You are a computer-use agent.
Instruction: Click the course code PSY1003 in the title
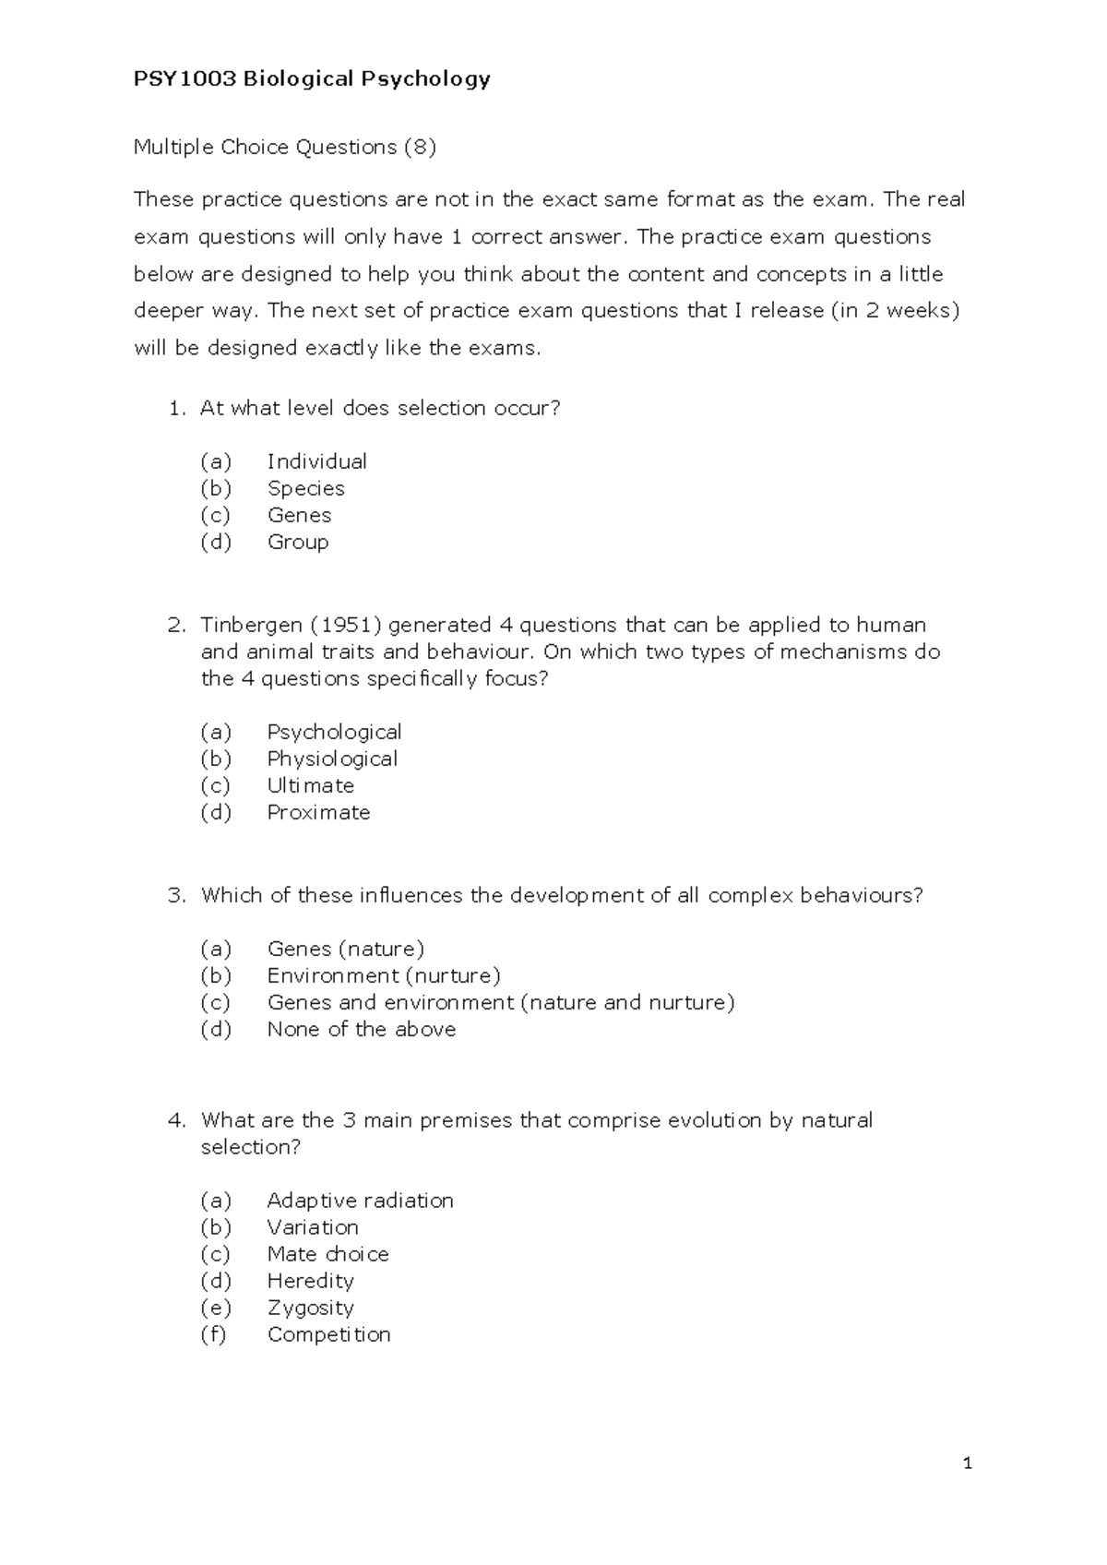point(184,79)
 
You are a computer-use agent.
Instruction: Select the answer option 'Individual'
point(316,461)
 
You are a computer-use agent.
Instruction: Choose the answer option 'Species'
point(305,488)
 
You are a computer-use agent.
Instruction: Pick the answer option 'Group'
point(297,542)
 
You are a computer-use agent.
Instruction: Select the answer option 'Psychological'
point(334,733)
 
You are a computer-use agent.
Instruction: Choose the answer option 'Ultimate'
point(310,785)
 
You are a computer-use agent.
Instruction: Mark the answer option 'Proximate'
point(318,812)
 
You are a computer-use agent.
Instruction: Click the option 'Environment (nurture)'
point(383,975)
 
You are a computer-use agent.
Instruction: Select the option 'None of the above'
point(361,1029)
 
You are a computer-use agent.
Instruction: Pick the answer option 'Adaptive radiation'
point(360,1201)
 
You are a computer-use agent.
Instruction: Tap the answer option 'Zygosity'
point(310,1308)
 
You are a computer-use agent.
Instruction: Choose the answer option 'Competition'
point(328,1334)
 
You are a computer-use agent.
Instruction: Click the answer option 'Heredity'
point(310,1281)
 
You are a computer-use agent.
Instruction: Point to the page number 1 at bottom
point(968,1463)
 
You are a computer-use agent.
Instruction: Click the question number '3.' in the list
point(177,895)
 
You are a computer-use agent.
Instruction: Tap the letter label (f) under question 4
point(213,1334)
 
